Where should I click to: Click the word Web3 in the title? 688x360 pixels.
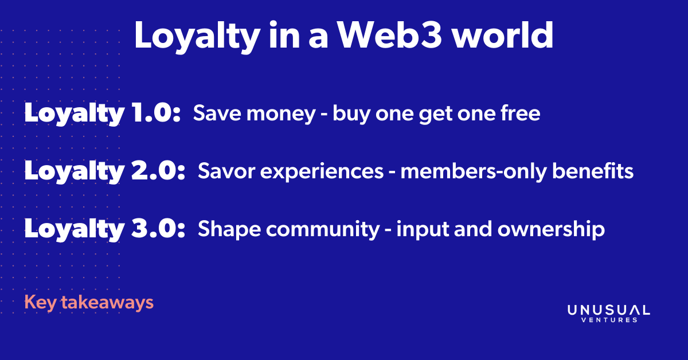pos(390,35)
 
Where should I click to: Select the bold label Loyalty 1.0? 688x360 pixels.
pos(102,114)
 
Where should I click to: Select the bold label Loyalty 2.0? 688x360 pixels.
pos(105,171)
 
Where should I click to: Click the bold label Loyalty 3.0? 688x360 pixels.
pos(105,229)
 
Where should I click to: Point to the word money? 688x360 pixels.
pos(281,114)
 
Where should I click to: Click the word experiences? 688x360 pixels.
pos(322,172)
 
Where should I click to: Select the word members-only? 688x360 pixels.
pos(474,172)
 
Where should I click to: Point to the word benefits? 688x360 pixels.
pos(593,170)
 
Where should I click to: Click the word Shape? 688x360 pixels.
pos(229,229)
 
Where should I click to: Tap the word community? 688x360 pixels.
pos(323,230)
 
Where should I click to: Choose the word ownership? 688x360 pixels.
pos(551,230)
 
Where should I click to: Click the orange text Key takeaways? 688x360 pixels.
pos(89,303)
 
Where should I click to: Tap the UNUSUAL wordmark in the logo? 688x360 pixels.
pos(609,310)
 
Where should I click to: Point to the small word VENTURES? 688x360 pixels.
pos(609,320)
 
